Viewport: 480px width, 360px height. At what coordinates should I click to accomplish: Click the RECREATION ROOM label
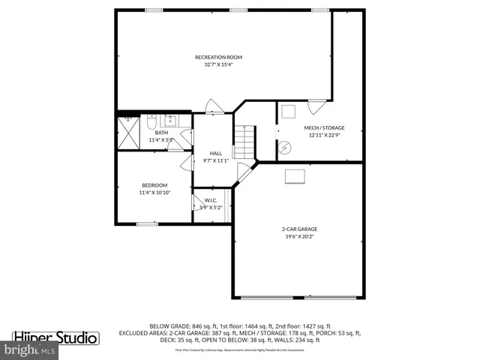(x=218, y=57)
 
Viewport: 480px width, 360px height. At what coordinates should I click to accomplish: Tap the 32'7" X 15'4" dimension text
(x=218, y=65)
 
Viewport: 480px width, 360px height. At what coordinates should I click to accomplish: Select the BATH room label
(x=161, y=133)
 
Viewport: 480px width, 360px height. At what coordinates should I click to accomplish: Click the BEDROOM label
(x=154, y=185)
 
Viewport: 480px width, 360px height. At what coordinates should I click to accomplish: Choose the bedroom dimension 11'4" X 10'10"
(x=154, y=193)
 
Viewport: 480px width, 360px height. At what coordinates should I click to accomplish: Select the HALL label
(x=215, y=153)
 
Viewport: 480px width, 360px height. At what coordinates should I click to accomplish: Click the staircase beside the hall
(x=244, y=141)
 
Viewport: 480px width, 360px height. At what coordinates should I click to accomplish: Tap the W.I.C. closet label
(x=211, y=199)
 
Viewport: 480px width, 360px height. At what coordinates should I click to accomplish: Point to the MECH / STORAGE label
(x=324, y=127)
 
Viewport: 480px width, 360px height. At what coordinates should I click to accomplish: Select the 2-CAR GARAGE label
(x=299, y=229)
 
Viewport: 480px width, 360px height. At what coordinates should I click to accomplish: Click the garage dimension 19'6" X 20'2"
(x=299, y=236)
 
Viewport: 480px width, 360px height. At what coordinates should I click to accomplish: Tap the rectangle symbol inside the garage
(x=295, y=175)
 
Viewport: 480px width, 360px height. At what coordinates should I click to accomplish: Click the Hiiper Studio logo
(x=56, y=337)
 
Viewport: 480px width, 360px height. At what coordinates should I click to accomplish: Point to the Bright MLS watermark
(x=30, y=350)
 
